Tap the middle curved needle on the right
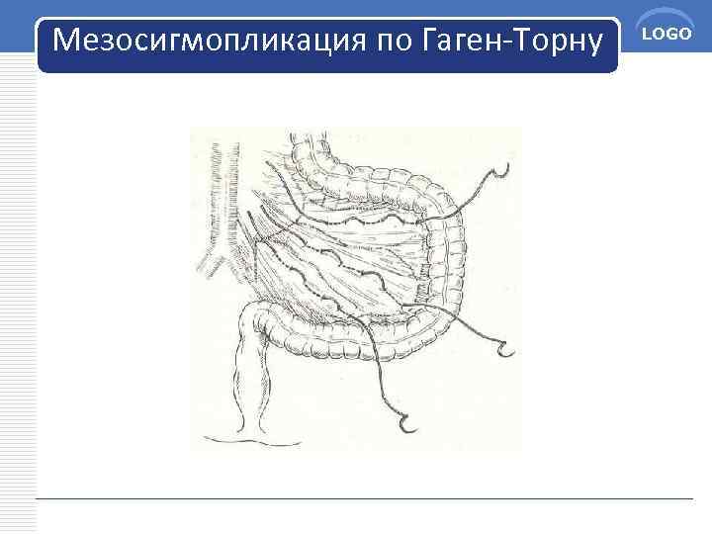pyautogui.click(x=506, y=348)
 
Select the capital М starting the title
pyautogui.click(x=66, y=41)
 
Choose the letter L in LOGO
pyautogui.click(x=651, y=36)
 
